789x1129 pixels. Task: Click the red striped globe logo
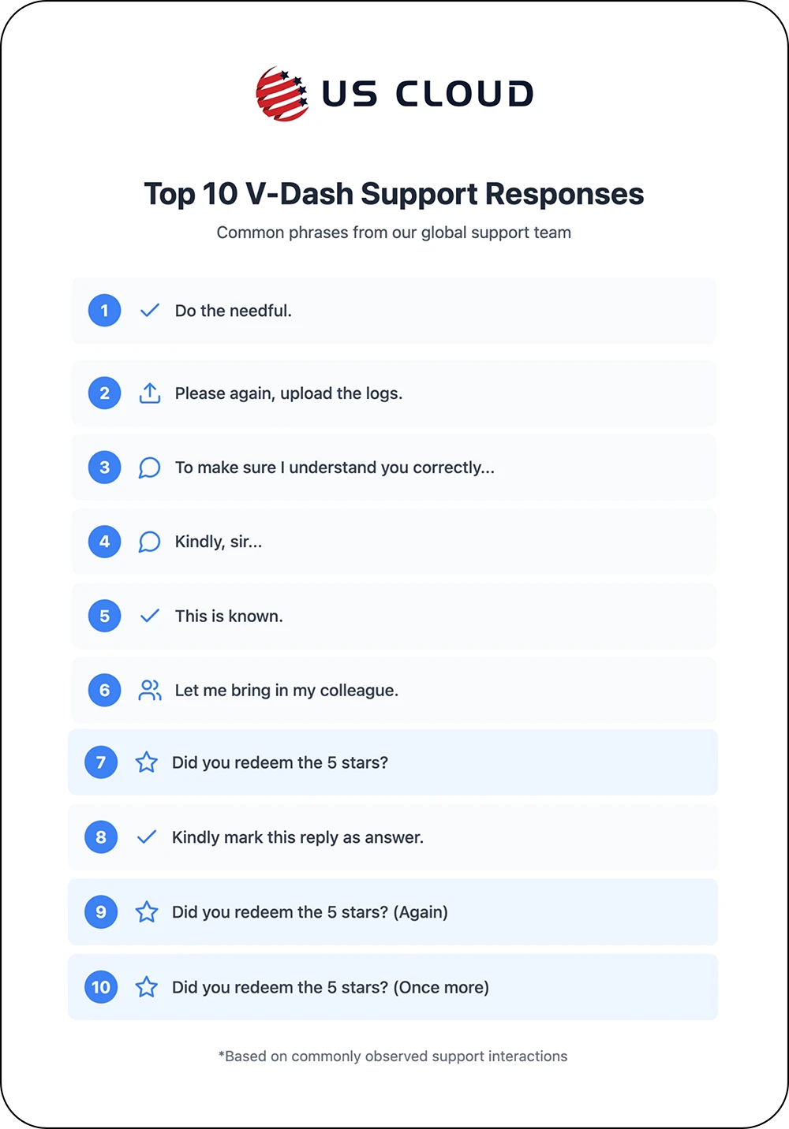point(282,94)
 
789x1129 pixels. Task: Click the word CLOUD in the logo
point(465,94)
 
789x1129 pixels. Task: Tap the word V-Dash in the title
point(300,193)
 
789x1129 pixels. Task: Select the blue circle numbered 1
point(104,311)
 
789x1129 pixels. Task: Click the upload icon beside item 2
point(150,393)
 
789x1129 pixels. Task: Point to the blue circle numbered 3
point(104,468)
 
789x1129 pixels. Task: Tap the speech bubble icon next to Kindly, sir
point(149,542)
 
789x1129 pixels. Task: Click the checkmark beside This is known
point(150,616)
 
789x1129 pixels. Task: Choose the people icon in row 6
point(150,690)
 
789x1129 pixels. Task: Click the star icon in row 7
point(146,762)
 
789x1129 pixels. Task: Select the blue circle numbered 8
point(101,837)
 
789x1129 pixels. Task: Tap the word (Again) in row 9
point(421,912)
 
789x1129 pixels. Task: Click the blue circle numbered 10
point(101,987)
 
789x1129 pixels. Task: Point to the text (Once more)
point(441,987)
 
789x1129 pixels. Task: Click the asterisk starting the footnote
point(221,1053)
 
